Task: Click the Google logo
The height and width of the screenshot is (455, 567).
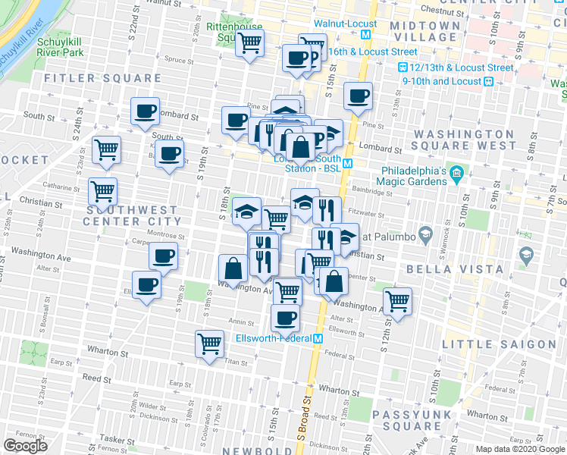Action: pos(25,446)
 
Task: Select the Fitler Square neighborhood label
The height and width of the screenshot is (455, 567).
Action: pos(102,78)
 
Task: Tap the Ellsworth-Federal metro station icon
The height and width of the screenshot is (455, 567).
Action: pos(319,337)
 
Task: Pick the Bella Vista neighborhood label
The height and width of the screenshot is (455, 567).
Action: pos(455,269)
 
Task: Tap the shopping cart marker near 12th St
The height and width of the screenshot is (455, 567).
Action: pos(397,301)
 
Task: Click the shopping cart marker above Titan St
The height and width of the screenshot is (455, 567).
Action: pos(210,344)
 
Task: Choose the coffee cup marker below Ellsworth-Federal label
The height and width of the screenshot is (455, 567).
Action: pos(285,318)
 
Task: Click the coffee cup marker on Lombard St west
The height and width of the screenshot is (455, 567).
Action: pos(145,111)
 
